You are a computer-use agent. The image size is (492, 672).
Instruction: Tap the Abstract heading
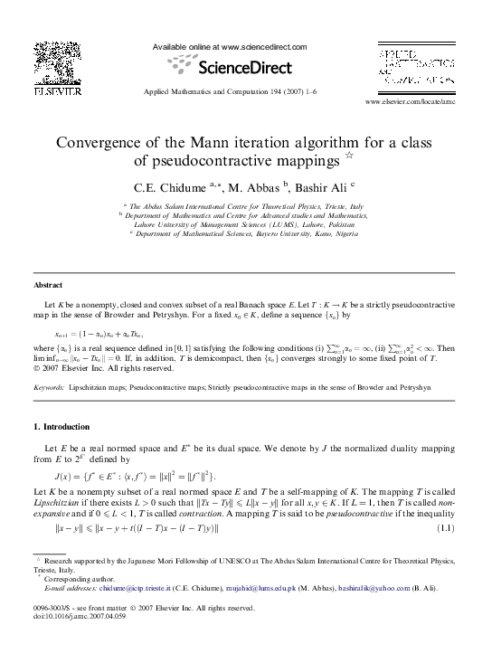tap(50, 286)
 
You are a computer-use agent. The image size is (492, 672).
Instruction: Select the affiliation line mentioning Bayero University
tap(246, 232)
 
